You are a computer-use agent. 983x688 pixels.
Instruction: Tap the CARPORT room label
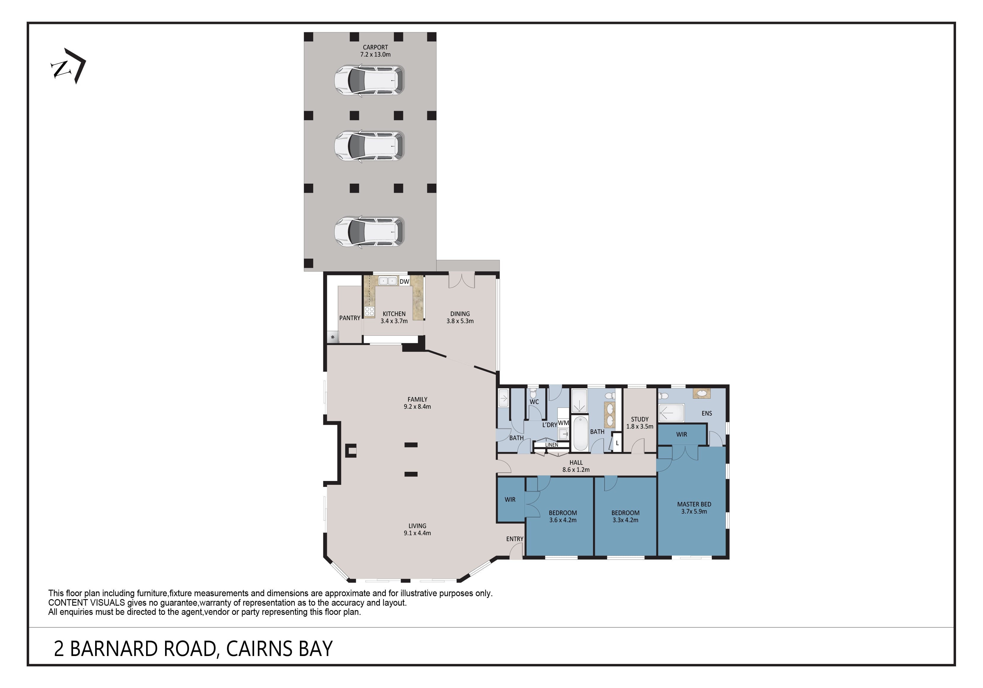tap(375, 47)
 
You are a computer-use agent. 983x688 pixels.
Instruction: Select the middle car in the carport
tap(369, 146)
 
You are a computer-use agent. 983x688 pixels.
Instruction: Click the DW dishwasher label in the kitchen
tap(404, 282)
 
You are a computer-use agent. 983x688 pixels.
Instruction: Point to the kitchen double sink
tap(388, 281)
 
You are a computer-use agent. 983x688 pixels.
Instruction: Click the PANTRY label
tap(350, 318)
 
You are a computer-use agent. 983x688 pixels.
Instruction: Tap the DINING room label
tap(460, 314)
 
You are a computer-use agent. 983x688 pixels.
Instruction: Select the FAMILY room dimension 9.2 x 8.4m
tap(418, 406)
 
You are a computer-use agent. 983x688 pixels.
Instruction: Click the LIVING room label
tap(418, 526)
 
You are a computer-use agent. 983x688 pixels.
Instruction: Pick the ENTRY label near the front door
tap(515, 539)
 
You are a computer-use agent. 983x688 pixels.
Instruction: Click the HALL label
tap(576, 463)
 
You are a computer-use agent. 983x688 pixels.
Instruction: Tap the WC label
tap(534, 402)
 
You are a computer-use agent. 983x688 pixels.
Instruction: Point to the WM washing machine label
tap(563, 423)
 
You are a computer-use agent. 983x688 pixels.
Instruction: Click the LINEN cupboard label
tap(552, 445)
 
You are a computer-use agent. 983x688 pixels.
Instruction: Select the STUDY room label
tap(640, 419)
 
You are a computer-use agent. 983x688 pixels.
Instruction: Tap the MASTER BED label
tap(694, 504)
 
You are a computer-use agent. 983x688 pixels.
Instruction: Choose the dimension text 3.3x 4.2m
tap(626, 520)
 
